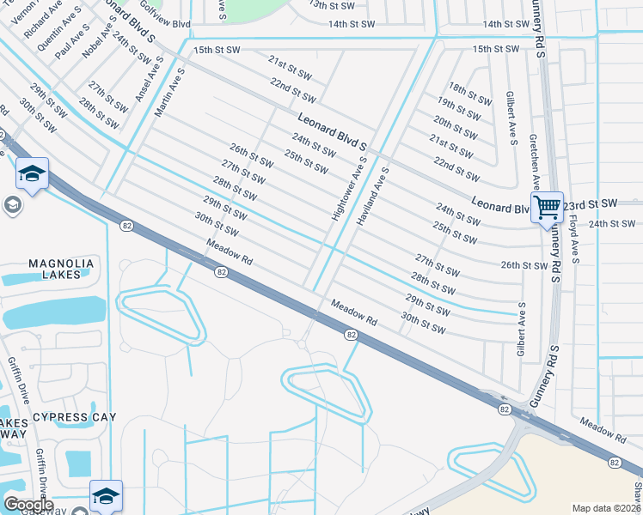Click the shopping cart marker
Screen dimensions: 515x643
pos(547,207)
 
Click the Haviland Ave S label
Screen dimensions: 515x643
pos(374,196)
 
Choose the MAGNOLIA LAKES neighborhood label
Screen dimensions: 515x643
pos(47,269)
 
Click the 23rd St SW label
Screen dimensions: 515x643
pos(592,203)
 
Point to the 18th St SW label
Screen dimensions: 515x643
pos(468,94)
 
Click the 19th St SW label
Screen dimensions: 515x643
pos(458,107)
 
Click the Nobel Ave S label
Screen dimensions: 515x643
pos(98,39)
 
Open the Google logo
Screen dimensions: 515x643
pos(28,504)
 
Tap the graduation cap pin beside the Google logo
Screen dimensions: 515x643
pos(106,495)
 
